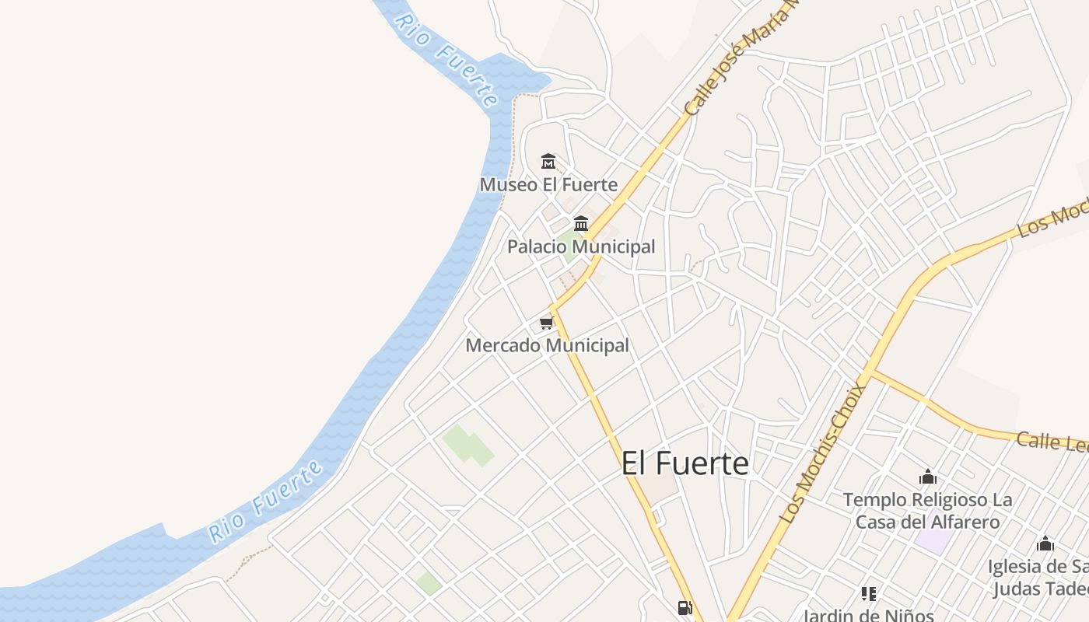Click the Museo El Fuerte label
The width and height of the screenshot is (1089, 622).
tap(548, 185)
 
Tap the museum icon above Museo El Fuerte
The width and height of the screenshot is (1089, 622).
tap(548, 162)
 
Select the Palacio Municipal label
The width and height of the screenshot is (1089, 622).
tap(581, 247)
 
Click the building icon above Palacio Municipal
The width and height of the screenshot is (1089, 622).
tap(580, 224)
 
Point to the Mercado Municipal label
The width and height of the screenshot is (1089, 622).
tap(547, 345)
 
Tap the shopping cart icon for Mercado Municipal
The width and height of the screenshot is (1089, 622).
tap(546, 323)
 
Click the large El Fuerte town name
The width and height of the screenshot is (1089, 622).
tap(685, 463)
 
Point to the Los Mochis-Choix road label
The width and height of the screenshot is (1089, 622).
tap(823, 453)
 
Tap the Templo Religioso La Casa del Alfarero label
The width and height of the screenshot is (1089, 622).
tap(927, 510)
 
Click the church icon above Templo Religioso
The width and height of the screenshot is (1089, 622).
tap(927, 477)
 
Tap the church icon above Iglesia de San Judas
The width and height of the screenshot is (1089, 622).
tap(1045, 543)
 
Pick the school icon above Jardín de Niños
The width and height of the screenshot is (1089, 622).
tap(869, 594)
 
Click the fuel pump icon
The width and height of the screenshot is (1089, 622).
tap(685, 608)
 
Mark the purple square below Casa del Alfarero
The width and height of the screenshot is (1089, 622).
tap(933, 540)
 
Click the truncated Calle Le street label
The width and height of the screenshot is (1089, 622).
tap(1052, 442)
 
